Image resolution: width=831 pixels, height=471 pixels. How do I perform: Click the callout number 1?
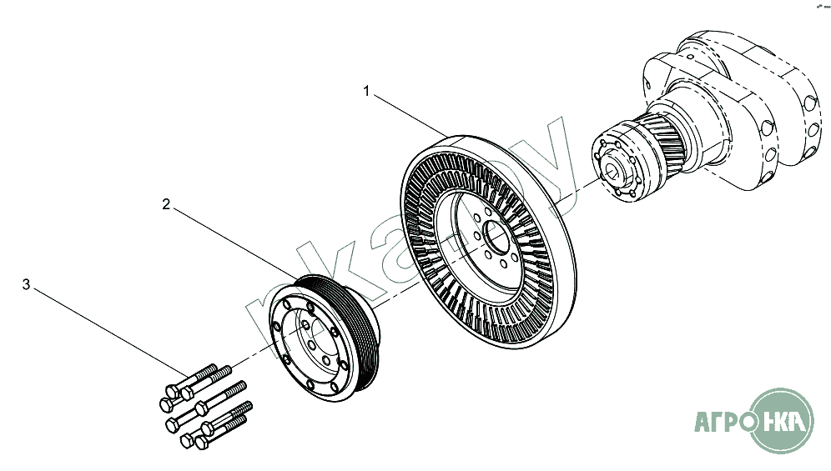tap(366, 90)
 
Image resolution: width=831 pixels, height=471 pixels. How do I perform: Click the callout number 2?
tap(166, 204)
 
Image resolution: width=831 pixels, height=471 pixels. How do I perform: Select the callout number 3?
tap(26, 285)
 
